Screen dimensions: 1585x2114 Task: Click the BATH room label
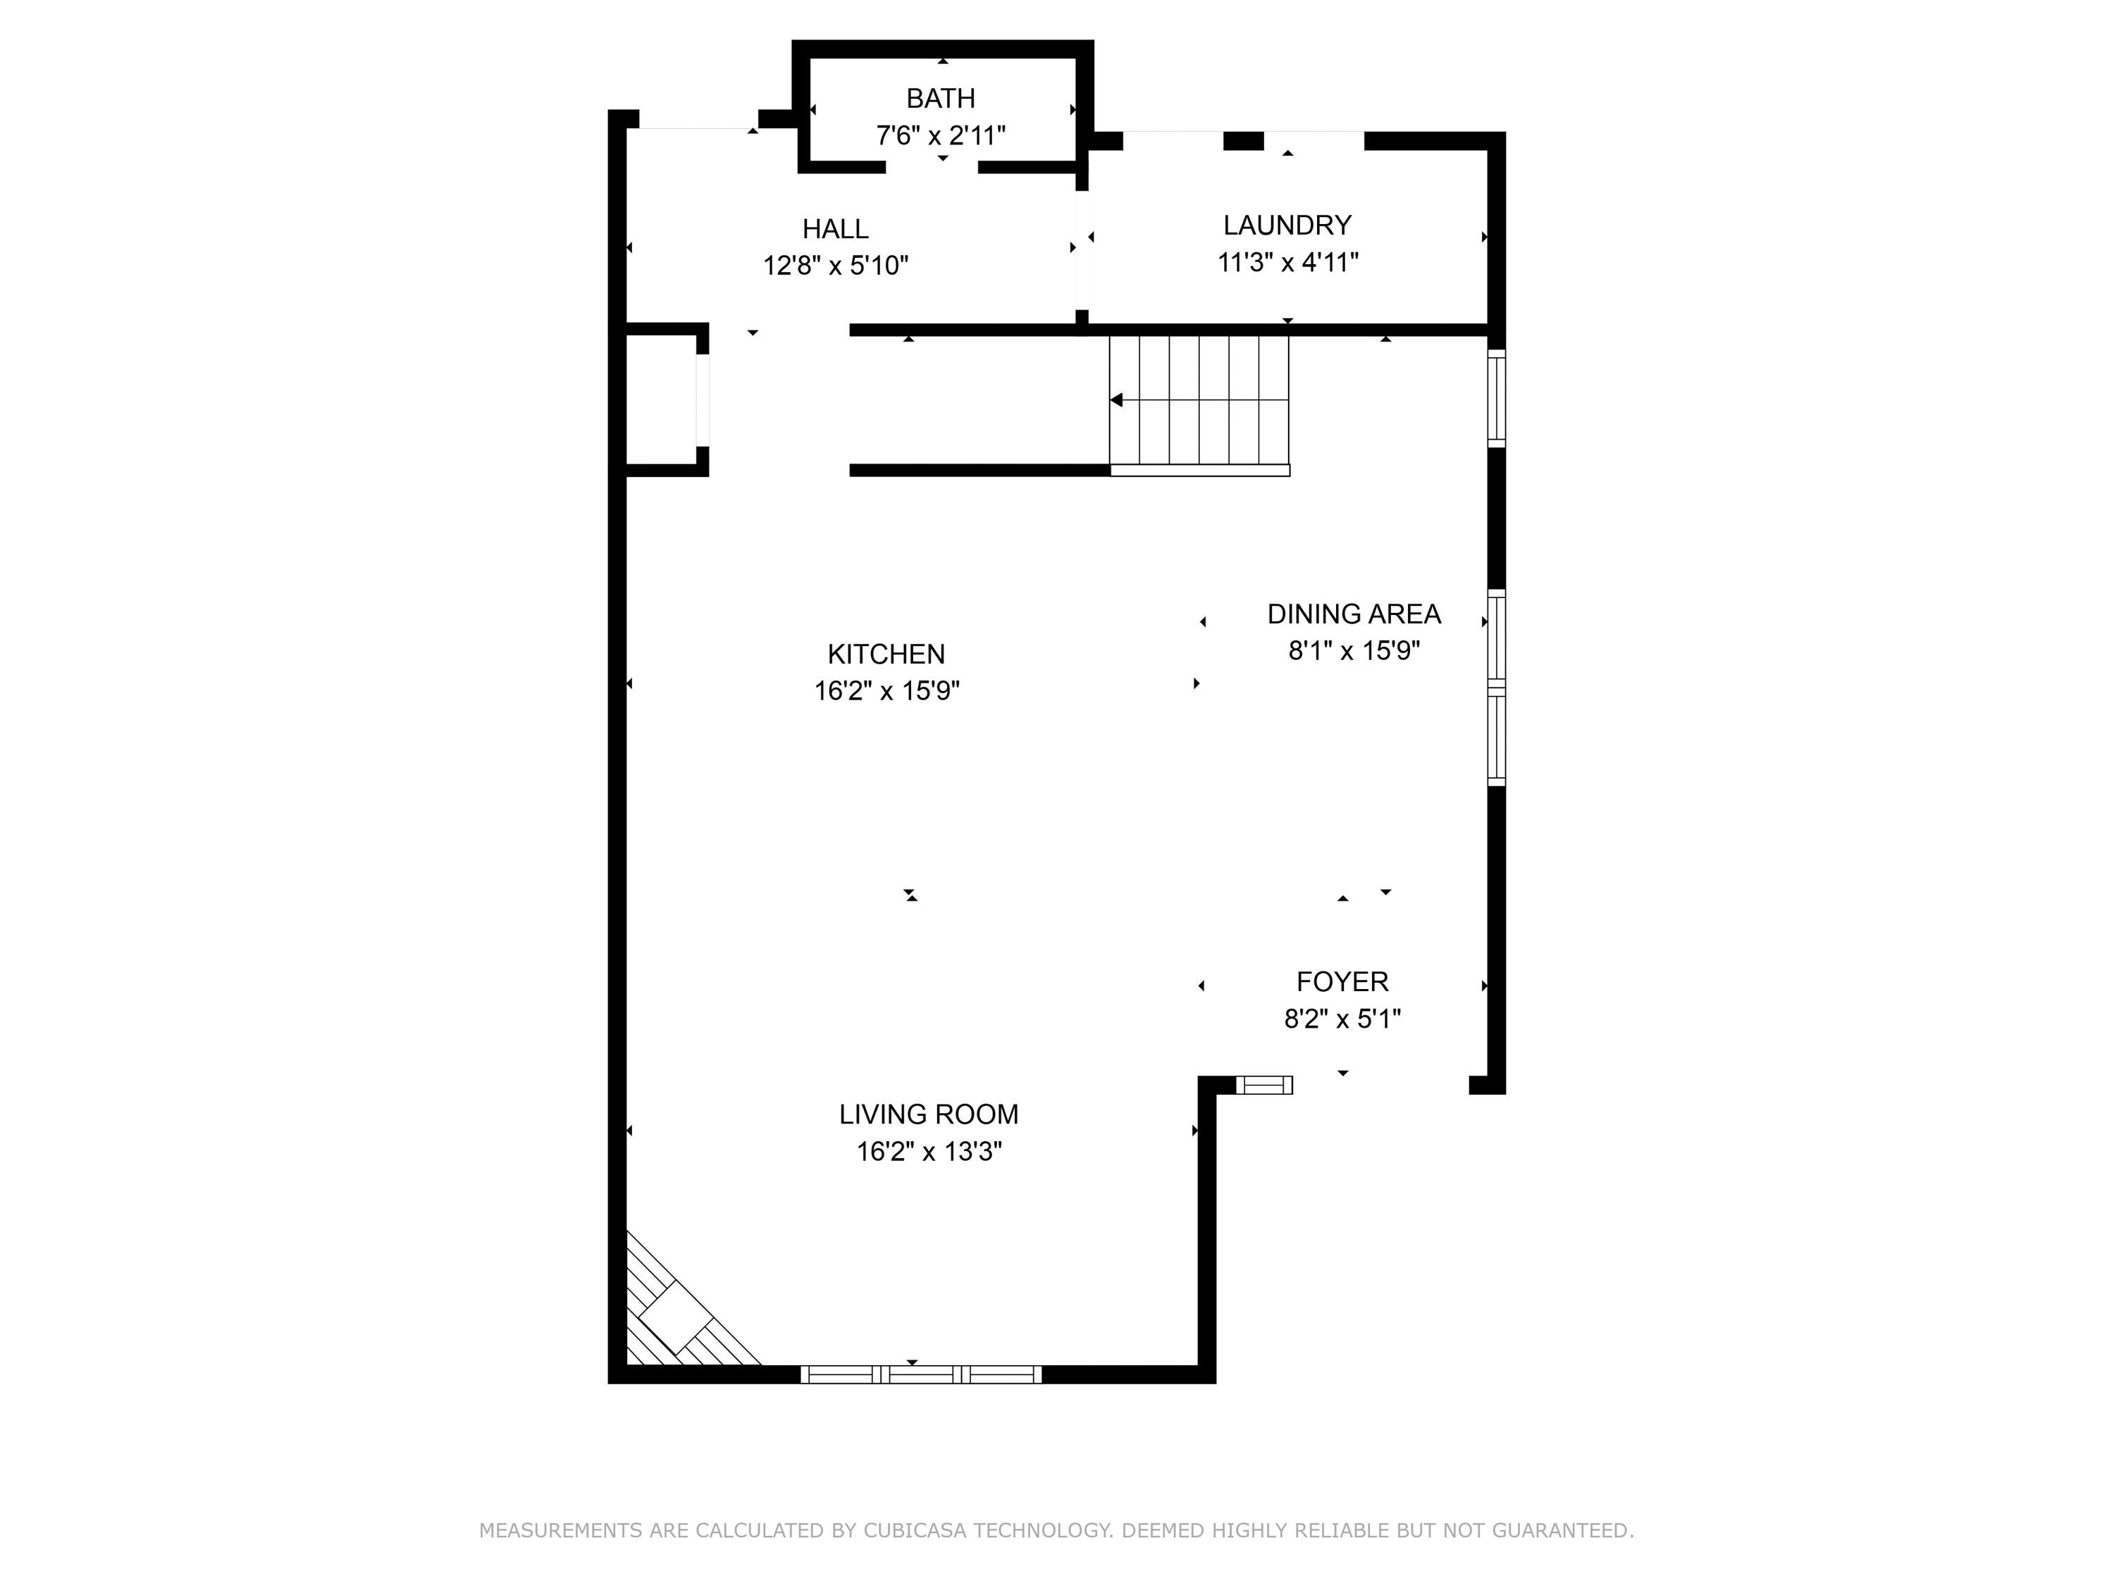point(941,99)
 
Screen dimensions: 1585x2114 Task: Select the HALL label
point(835,229)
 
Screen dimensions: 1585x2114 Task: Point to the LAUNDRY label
point(1287,225)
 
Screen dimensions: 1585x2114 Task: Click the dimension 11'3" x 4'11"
point(1287,263)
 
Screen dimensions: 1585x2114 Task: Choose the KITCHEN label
point(886,654)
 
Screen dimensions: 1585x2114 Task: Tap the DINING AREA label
point(1353,614)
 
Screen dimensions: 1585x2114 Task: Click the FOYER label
point(1342,982)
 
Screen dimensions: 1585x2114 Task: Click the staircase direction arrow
point(1116,400)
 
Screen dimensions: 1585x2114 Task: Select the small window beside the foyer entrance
point(1263,1084)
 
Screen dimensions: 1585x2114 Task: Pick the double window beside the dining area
point(1497,688)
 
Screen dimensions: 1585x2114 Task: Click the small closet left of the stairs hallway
point(662,399)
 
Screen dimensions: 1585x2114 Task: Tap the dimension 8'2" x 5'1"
point(1342,1019)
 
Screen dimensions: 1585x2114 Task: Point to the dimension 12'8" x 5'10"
point(835,266)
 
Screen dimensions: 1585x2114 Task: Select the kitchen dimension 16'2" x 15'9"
point(886,691)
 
